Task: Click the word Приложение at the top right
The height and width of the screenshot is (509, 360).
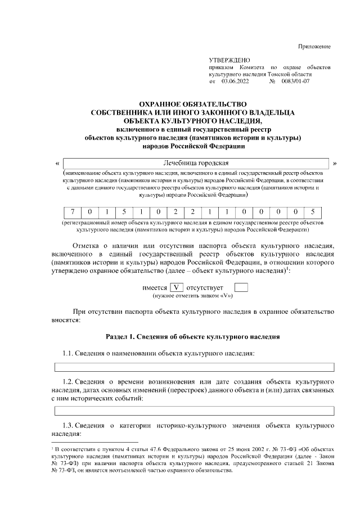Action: pos(314,46)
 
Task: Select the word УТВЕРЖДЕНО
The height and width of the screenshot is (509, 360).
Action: pos(229,60)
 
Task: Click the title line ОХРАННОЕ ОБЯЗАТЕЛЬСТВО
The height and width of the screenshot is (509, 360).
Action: pos(193,103)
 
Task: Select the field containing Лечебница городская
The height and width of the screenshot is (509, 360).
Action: pos(196,163)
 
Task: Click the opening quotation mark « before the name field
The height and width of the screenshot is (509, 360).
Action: pos(58,164)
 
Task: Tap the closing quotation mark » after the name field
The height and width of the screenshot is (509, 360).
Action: pos(335,164)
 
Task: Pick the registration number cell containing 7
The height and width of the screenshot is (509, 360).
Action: pos(73,212)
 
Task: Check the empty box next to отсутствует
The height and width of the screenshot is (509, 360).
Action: pos(241,287)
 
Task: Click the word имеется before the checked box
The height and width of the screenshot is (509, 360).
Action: pos(155,287)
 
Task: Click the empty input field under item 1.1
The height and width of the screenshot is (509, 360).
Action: pos(193,367)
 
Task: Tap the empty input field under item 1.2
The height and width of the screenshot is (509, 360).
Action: pos(193,410)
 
